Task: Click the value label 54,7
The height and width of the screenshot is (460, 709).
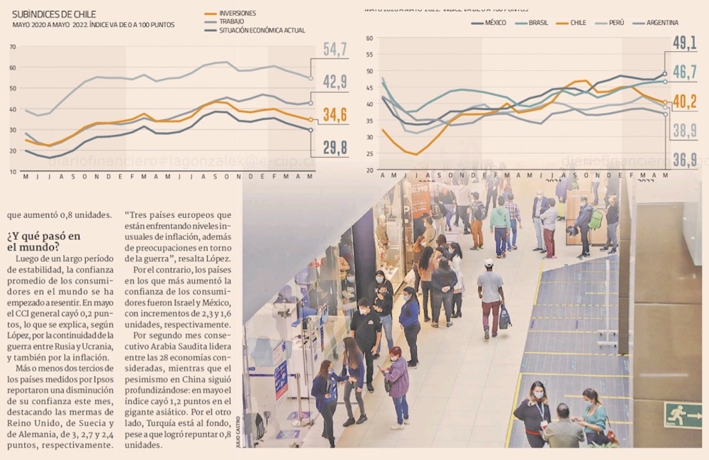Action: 335,50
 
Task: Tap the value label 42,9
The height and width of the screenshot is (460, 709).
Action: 335,82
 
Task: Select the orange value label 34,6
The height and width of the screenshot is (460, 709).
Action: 335,114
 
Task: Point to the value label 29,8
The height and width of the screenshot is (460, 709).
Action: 335,147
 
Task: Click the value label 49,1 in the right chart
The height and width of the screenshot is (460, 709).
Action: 684,43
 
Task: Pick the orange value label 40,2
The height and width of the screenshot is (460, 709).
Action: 684,102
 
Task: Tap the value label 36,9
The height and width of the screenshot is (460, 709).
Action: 684,160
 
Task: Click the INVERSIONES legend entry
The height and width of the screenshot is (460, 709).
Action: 238,13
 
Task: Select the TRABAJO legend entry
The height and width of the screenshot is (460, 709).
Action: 232,22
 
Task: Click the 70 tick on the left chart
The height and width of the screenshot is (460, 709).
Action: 13,47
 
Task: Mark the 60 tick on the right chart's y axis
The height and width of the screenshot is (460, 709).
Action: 369,38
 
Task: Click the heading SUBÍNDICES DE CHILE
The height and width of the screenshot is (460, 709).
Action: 54,14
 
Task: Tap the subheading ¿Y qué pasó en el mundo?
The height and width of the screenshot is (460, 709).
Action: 44,241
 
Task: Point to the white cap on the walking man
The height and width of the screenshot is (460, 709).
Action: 489,263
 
